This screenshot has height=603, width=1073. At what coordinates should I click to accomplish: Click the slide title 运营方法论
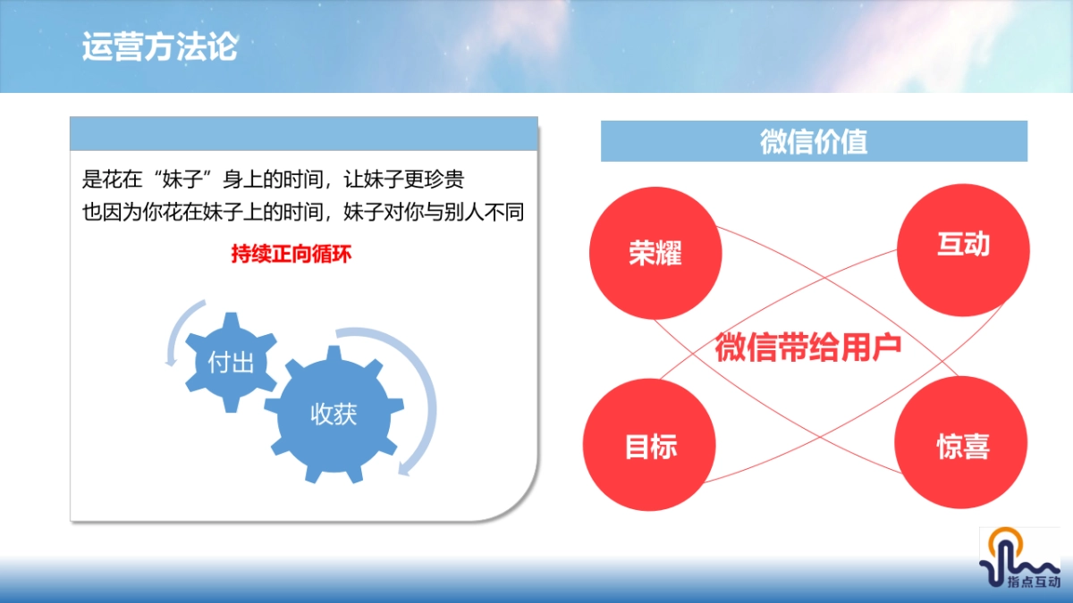159,46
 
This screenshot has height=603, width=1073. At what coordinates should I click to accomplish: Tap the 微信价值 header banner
814,141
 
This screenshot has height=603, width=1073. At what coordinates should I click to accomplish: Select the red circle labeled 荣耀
655,253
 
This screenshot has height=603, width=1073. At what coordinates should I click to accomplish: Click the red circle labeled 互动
963,245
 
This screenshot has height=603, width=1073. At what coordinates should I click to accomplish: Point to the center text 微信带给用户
807,348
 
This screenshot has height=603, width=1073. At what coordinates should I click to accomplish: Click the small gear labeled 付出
231,363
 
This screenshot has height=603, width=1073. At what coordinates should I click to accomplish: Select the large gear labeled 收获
334,414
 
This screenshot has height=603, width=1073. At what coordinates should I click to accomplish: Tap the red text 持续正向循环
291,254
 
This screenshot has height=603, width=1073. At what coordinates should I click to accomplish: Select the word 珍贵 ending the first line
442,179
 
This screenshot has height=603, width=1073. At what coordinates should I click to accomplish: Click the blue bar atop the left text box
304,133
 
